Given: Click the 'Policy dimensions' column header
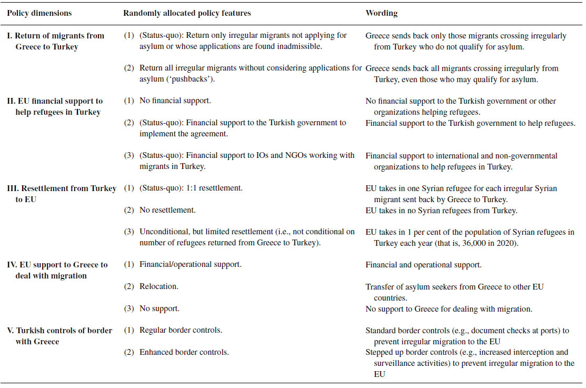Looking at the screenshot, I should [x=39, y=13].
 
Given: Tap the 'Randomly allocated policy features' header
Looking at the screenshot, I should [x=187, y=13].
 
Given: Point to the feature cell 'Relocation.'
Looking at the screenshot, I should [x=158, y=287].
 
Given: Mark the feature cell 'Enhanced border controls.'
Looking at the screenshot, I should [x=184, y=352].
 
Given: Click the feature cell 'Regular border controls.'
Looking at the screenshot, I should [x=180, y=331].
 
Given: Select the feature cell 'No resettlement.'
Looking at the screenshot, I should [x=167, y=210].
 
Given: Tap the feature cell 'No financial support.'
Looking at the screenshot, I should [x=175, y=101].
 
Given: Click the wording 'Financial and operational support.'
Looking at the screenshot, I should [x=423, y=265].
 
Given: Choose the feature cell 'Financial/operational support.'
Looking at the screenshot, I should [x=190, y=265].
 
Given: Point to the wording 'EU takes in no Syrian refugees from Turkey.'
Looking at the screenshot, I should [x=441, y=210].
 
